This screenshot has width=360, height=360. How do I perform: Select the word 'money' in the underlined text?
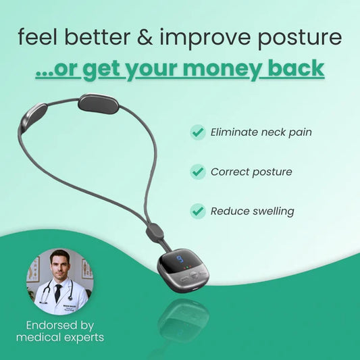click(231, 69)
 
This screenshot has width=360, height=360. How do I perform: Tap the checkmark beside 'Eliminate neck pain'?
click(198, 132)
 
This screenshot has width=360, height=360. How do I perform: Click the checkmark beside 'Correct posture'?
click(198, 172)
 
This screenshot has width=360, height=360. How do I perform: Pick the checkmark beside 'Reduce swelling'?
click(198, 211)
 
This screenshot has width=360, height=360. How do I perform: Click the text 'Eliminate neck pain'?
click(261, 132)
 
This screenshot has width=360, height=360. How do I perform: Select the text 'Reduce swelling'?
click(252, 211)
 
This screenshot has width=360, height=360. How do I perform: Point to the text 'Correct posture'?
click(251, 172)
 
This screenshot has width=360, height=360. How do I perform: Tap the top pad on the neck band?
click(98, 103)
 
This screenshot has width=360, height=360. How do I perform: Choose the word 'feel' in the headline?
click(38, 37)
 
